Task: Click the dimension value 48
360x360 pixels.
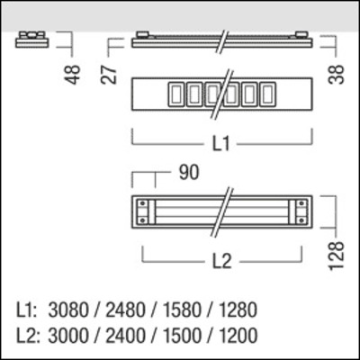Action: [76, 72]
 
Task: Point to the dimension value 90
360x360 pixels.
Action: [188, 171]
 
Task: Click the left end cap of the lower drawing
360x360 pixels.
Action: [143, 212]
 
